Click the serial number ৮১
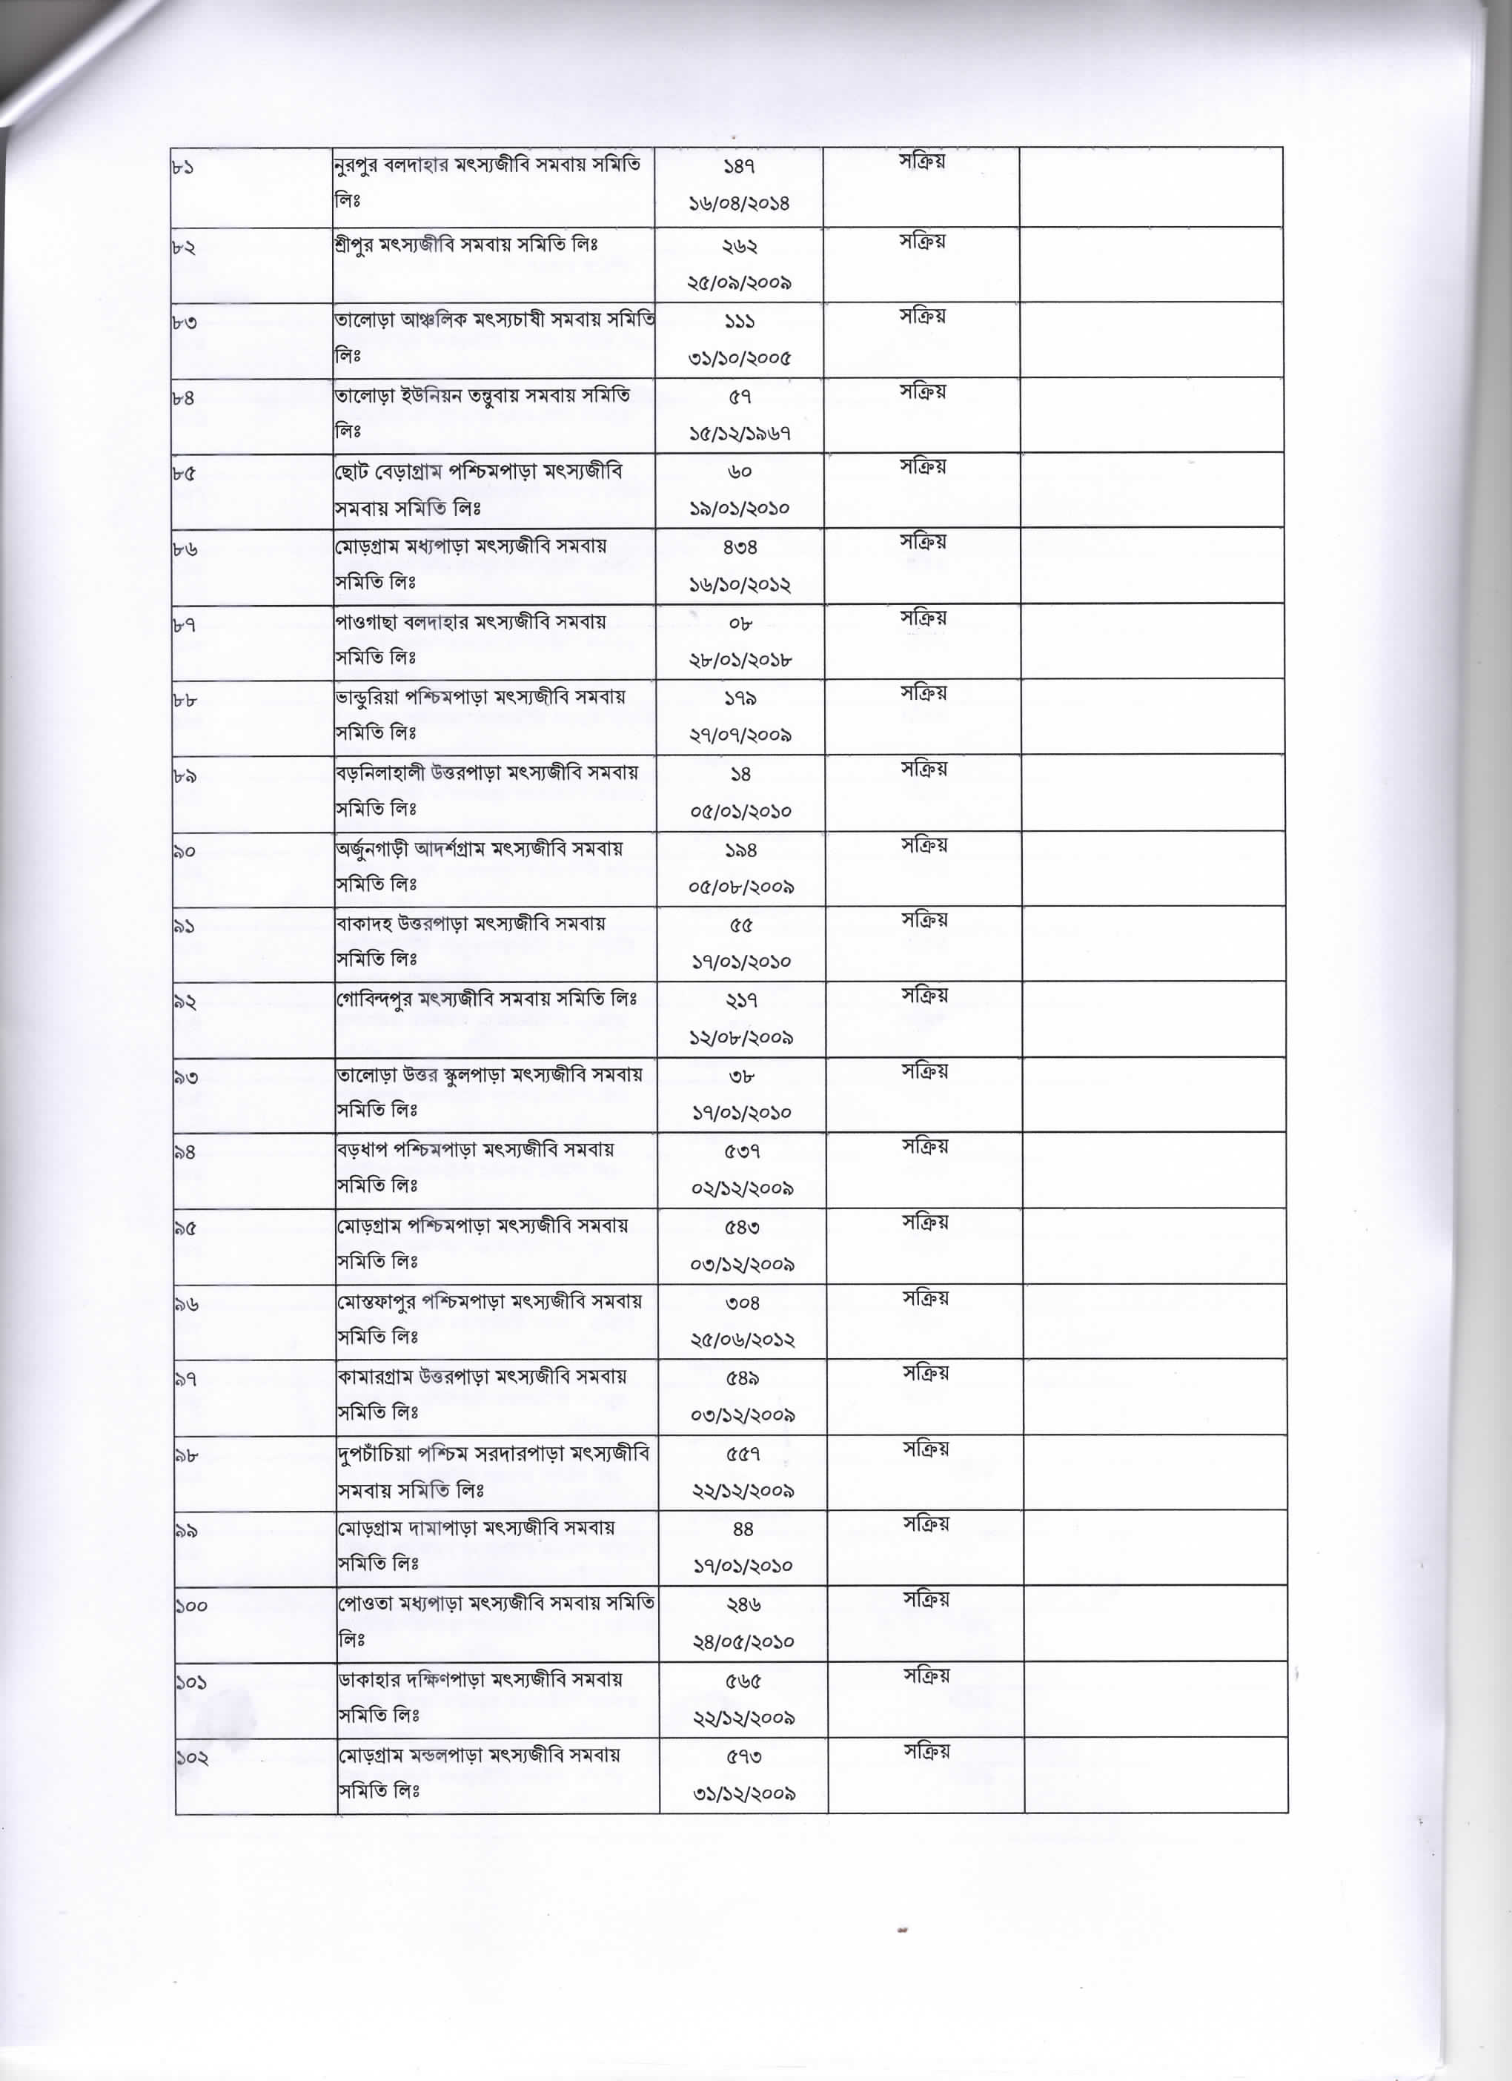tap(184, 168)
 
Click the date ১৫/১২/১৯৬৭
tap(740, 433)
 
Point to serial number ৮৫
tap(184, 474)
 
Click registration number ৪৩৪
tap(740, 548)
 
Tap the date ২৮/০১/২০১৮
tap(740, 660)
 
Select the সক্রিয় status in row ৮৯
tap(924, 770)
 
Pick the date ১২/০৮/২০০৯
tap(741, 1038)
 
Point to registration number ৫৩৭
tap(741, 1151)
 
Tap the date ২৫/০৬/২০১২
tap(742, 1340)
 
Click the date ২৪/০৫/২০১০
tap(743, 1641)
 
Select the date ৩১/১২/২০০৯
tap(744, 1793)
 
